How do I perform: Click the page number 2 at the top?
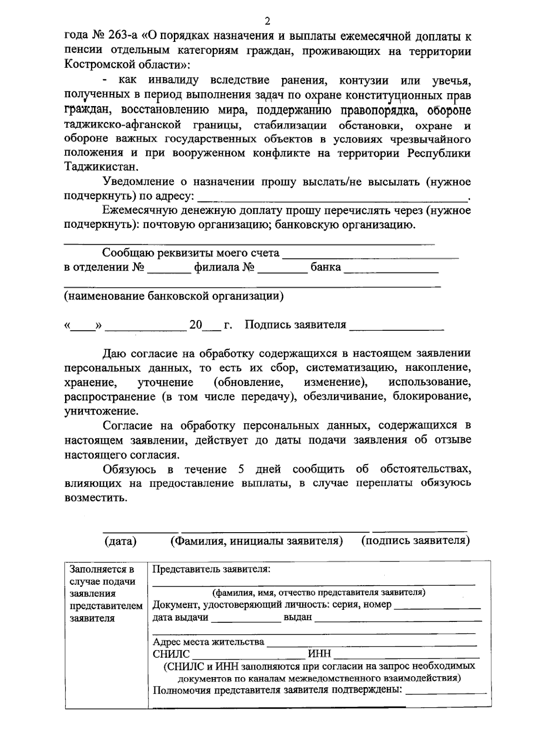point(267,21)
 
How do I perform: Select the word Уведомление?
point(138,181)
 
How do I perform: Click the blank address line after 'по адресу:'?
point(332,196)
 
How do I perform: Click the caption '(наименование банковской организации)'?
point(173,296)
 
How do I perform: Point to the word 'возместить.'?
point(96,497)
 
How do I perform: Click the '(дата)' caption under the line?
point(120,541)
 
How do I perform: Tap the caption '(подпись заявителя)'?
point(416,541)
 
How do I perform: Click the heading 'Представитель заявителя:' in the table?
point(212,569)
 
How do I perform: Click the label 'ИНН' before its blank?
point(320,654)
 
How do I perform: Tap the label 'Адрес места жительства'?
point(208,642)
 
